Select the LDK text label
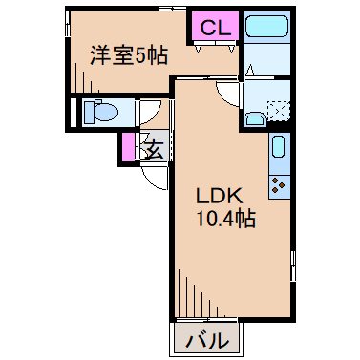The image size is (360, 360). click(x=218, y=196)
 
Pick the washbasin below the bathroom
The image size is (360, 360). click(x=253, y=118)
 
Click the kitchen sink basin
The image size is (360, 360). click(x=277, y=147)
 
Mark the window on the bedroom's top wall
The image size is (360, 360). click(x=173, y=9)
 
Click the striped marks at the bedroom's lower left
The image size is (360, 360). click(x=81, y=81)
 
